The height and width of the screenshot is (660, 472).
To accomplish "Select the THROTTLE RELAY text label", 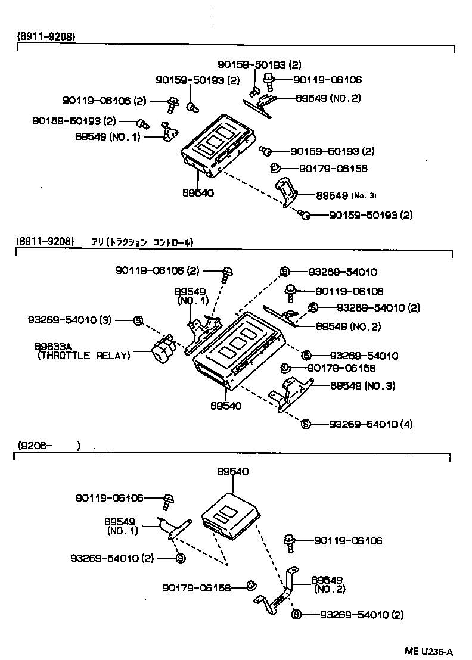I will click(83, 356).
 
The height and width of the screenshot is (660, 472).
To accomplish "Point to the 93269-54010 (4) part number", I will click(371, 424).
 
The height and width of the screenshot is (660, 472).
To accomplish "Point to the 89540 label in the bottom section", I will click(232, 471).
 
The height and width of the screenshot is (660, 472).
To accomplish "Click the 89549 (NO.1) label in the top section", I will click(108, 136).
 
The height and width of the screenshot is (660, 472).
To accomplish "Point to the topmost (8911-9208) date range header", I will click(46, 36).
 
